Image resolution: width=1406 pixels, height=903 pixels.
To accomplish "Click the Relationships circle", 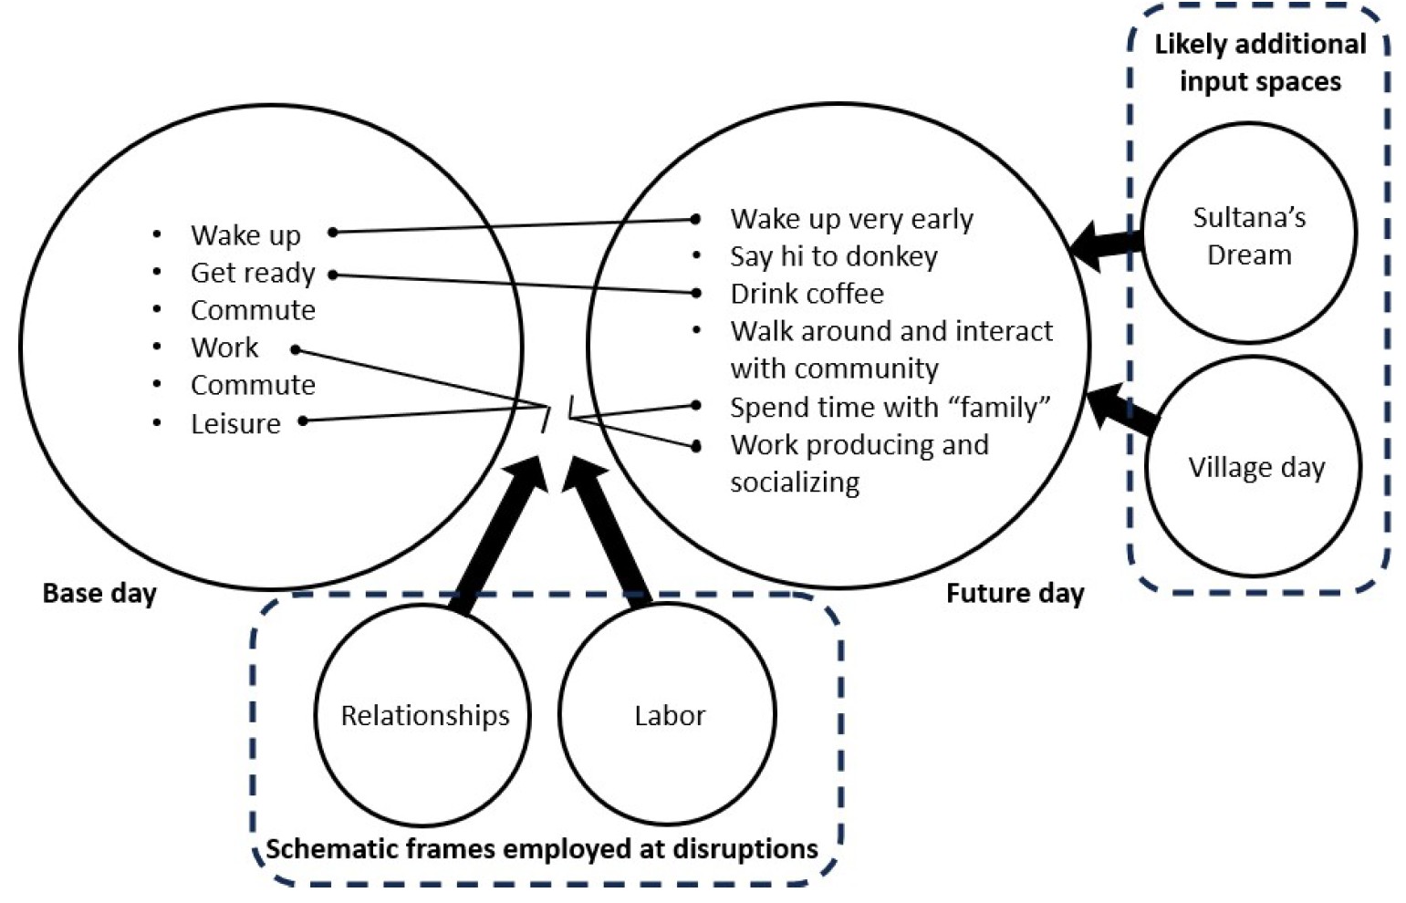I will (424, 716).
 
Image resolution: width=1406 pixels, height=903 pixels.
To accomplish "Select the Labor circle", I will (669, 716).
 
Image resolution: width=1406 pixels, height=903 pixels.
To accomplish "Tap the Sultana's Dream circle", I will (1249, 235).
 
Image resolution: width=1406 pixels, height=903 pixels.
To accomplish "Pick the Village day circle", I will (1255, 468).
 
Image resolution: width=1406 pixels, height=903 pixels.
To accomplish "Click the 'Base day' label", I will (99, 594).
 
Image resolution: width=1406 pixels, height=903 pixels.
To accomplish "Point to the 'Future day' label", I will (1015, 594).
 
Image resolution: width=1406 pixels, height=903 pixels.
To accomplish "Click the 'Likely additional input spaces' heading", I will (1260, 62).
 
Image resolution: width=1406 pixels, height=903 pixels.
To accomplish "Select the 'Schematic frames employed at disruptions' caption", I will (542, 849).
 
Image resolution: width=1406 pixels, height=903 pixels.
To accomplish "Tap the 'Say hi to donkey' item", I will (833, 256).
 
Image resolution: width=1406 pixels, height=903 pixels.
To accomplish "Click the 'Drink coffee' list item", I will (807, 294).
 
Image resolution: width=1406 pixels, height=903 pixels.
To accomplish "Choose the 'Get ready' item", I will (253, 273).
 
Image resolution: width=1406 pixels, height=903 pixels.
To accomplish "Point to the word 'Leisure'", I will (235, 424).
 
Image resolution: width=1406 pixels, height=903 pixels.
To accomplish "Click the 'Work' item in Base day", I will (224, 348).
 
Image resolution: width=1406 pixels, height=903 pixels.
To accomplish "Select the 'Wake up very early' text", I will (851, 219).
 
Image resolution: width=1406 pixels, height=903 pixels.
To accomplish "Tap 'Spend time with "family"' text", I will (890, 407).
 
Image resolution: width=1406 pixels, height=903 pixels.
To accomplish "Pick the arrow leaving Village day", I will (1122, 409).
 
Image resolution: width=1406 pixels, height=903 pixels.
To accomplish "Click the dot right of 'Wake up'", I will (333, 233).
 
